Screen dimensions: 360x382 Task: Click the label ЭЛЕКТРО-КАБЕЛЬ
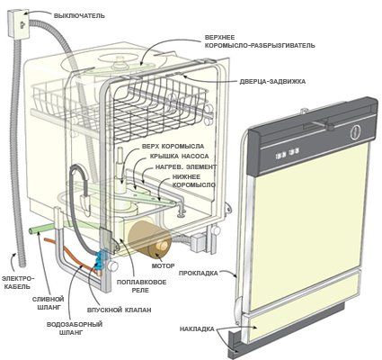tap(19, 270)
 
